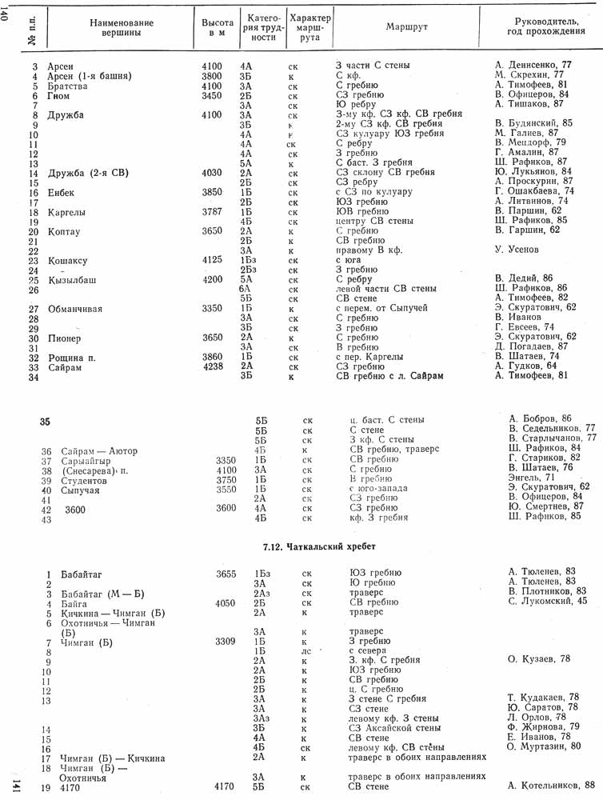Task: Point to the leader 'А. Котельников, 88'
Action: pyautogui.click(x=551, y=785)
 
